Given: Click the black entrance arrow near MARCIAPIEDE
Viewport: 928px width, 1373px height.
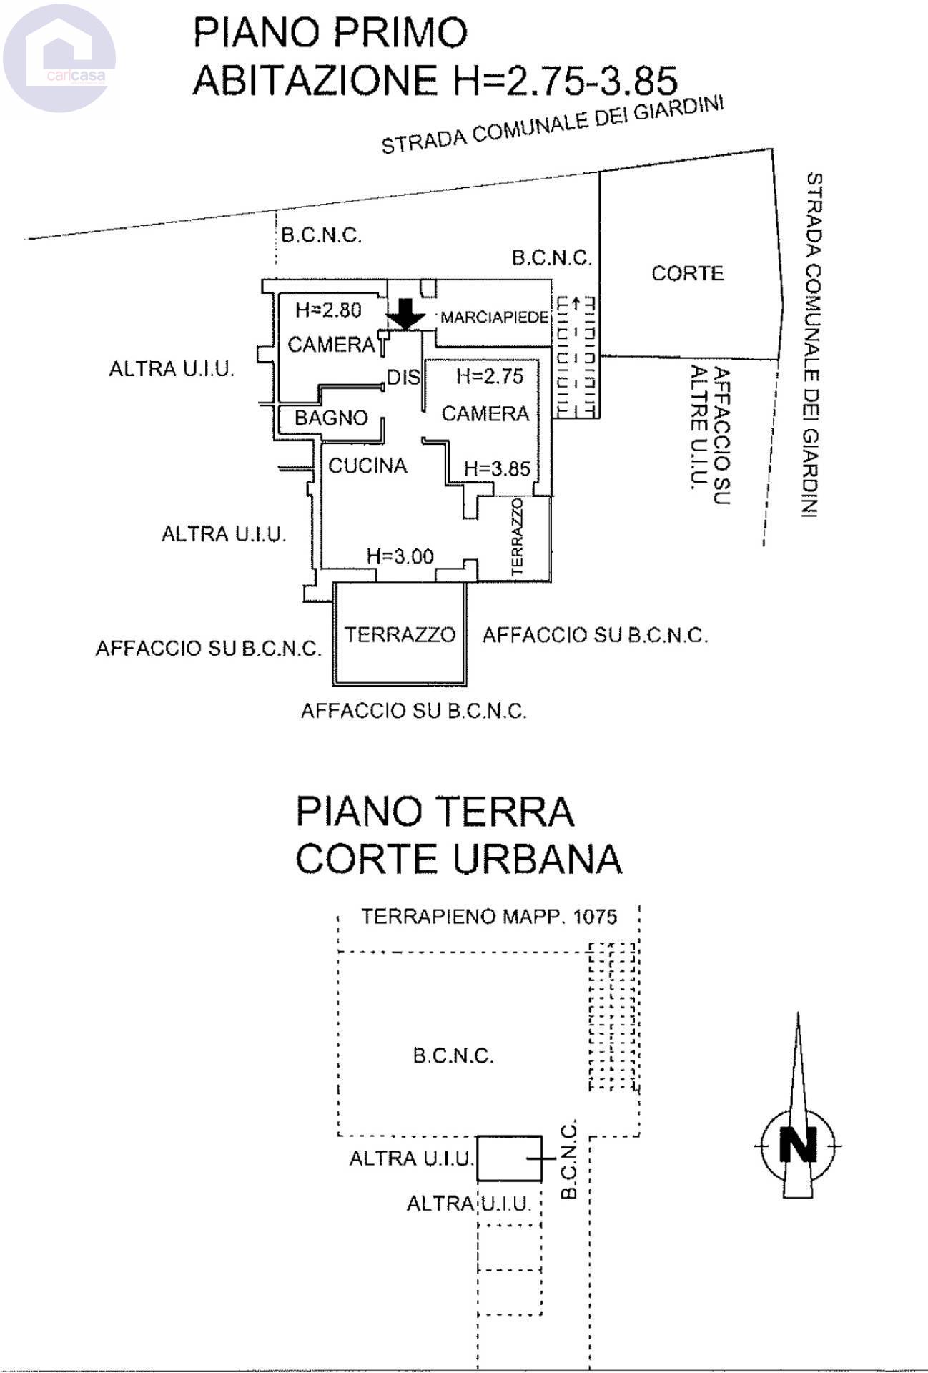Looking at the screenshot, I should point(405,314).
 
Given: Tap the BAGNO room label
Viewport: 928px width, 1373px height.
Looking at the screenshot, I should point(331,418).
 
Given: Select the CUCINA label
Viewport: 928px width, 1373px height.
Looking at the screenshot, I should point(367,466).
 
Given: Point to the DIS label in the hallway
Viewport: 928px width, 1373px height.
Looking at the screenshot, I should point(403,377).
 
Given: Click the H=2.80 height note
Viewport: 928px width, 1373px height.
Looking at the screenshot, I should point(328,310).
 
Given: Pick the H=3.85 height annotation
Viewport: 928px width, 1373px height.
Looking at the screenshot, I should point(497,468).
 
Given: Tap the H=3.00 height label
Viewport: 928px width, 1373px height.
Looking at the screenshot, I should point(400,556).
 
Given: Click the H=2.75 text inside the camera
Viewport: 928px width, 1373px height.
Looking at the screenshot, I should point(490,376).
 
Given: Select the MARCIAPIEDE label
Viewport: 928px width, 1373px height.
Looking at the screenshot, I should point(494,318).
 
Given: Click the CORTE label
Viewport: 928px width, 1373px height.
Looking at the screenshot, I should point(687,273).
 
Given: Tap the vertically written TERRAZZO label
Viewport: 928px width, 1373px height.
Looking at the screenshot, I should point(518,537).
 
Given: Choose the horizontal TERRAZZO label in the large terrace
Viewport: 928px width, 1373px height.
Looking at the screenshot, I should point(400,634).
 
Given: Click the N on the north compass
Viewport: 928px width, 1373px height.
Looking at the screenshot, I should point(798,1145).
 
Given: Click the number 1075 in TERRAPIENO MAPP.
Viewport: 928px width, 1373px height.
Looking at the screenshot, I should point(595,917).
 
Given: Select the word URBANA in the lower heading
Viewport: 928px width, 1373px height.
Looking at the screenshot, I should point(538,858).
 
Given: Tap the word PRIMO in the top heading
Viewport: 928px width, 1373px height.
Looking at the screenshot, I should point(403,33).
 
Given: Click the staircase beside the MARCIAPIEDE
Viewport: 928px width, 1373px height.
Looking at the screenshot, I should point(576,357).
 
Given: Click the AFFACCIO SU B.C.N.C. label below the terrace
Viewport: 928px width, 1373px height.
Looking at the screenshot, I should point(413,711).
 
